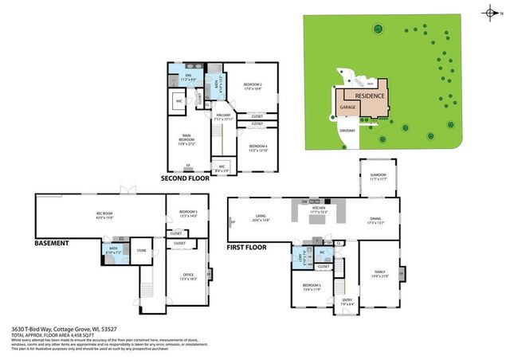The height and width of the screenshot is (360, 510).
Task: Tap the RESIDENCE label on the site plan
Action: pos(370,96)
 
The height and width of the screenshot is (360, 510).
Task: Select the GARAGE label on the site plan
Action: pos(347,106)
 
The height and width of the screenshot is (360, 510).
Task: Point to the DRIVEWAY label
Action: pos(345,130)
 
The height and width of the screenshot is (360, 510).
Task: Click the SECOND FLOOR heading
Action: pos(185,178)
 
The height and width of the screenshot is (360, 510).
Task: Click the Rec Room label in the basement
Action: pos(105,216)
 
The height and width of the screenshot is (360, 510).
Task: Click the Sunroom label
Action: pos(379,177)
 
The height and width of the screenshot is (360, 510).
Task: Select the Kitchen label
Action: pos(320,211)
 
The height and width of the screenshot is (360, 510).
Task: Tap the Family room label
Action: pos(379,274)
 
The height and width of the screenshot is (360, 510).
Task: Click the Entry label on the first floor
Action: pos(347,301)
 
